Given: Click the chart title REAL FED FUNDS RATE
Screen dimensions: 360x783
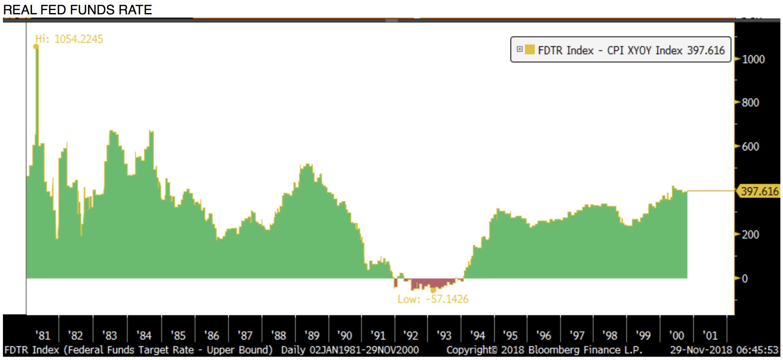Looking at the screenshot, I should [x=77, y=10].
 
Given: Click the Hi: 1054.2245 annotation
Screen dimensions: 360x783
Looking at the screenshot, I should [x=69, y=39].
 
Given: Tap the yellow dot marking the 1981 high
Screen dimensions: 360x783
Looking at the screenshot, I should [x=36, y=47].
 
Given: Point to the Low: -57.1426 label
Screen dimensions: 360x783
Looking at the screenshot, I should [x=433, y=299].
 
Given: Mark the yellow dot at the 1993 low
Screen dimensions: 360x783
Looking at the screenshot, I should [x=433, y=290].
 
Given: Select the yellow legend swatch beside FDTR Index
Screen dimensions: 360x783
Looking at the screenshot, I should [x=530, y=50].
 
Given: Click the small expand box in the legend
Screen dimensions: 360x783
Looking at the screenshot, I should [x=520, y=49].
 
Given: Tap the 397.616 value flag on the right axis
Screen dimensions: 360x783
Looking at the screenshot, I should [x=760, y=191].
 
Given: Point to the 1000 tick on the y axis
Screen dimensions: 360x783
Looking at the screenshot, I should [x=753, y=59].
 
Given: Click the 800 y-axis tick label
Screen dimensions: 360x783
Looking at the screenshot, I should [x=750, y=103].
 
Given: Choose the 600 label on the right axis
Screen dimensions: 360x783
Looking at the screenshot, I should [x=750, y=147].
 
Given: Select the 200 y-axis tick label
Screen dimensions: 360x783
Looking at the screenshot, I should [x=750, y=235].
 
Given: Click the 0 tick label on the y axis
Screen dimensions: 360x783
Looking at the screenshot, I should [x=745, y=279].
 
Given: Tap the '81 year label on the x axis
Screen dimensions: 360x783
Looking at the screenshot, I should [x=43, y=336].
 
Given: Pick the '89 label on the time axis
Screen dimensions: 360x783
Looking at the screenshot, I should [x=312, y=336].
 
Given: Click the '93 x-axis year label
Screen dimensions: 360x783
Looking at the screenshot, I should [x=444, y=336].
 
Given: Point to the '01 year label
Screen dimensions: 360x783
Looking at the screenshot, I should [x=710, y=336].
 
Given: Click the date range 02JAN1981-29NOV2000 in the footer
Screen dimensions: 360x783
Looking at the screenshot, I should [x=364, y=350].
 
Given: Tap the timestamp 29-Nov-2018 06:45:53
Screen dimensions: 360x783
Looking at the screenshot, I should [x=724, y=350].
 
